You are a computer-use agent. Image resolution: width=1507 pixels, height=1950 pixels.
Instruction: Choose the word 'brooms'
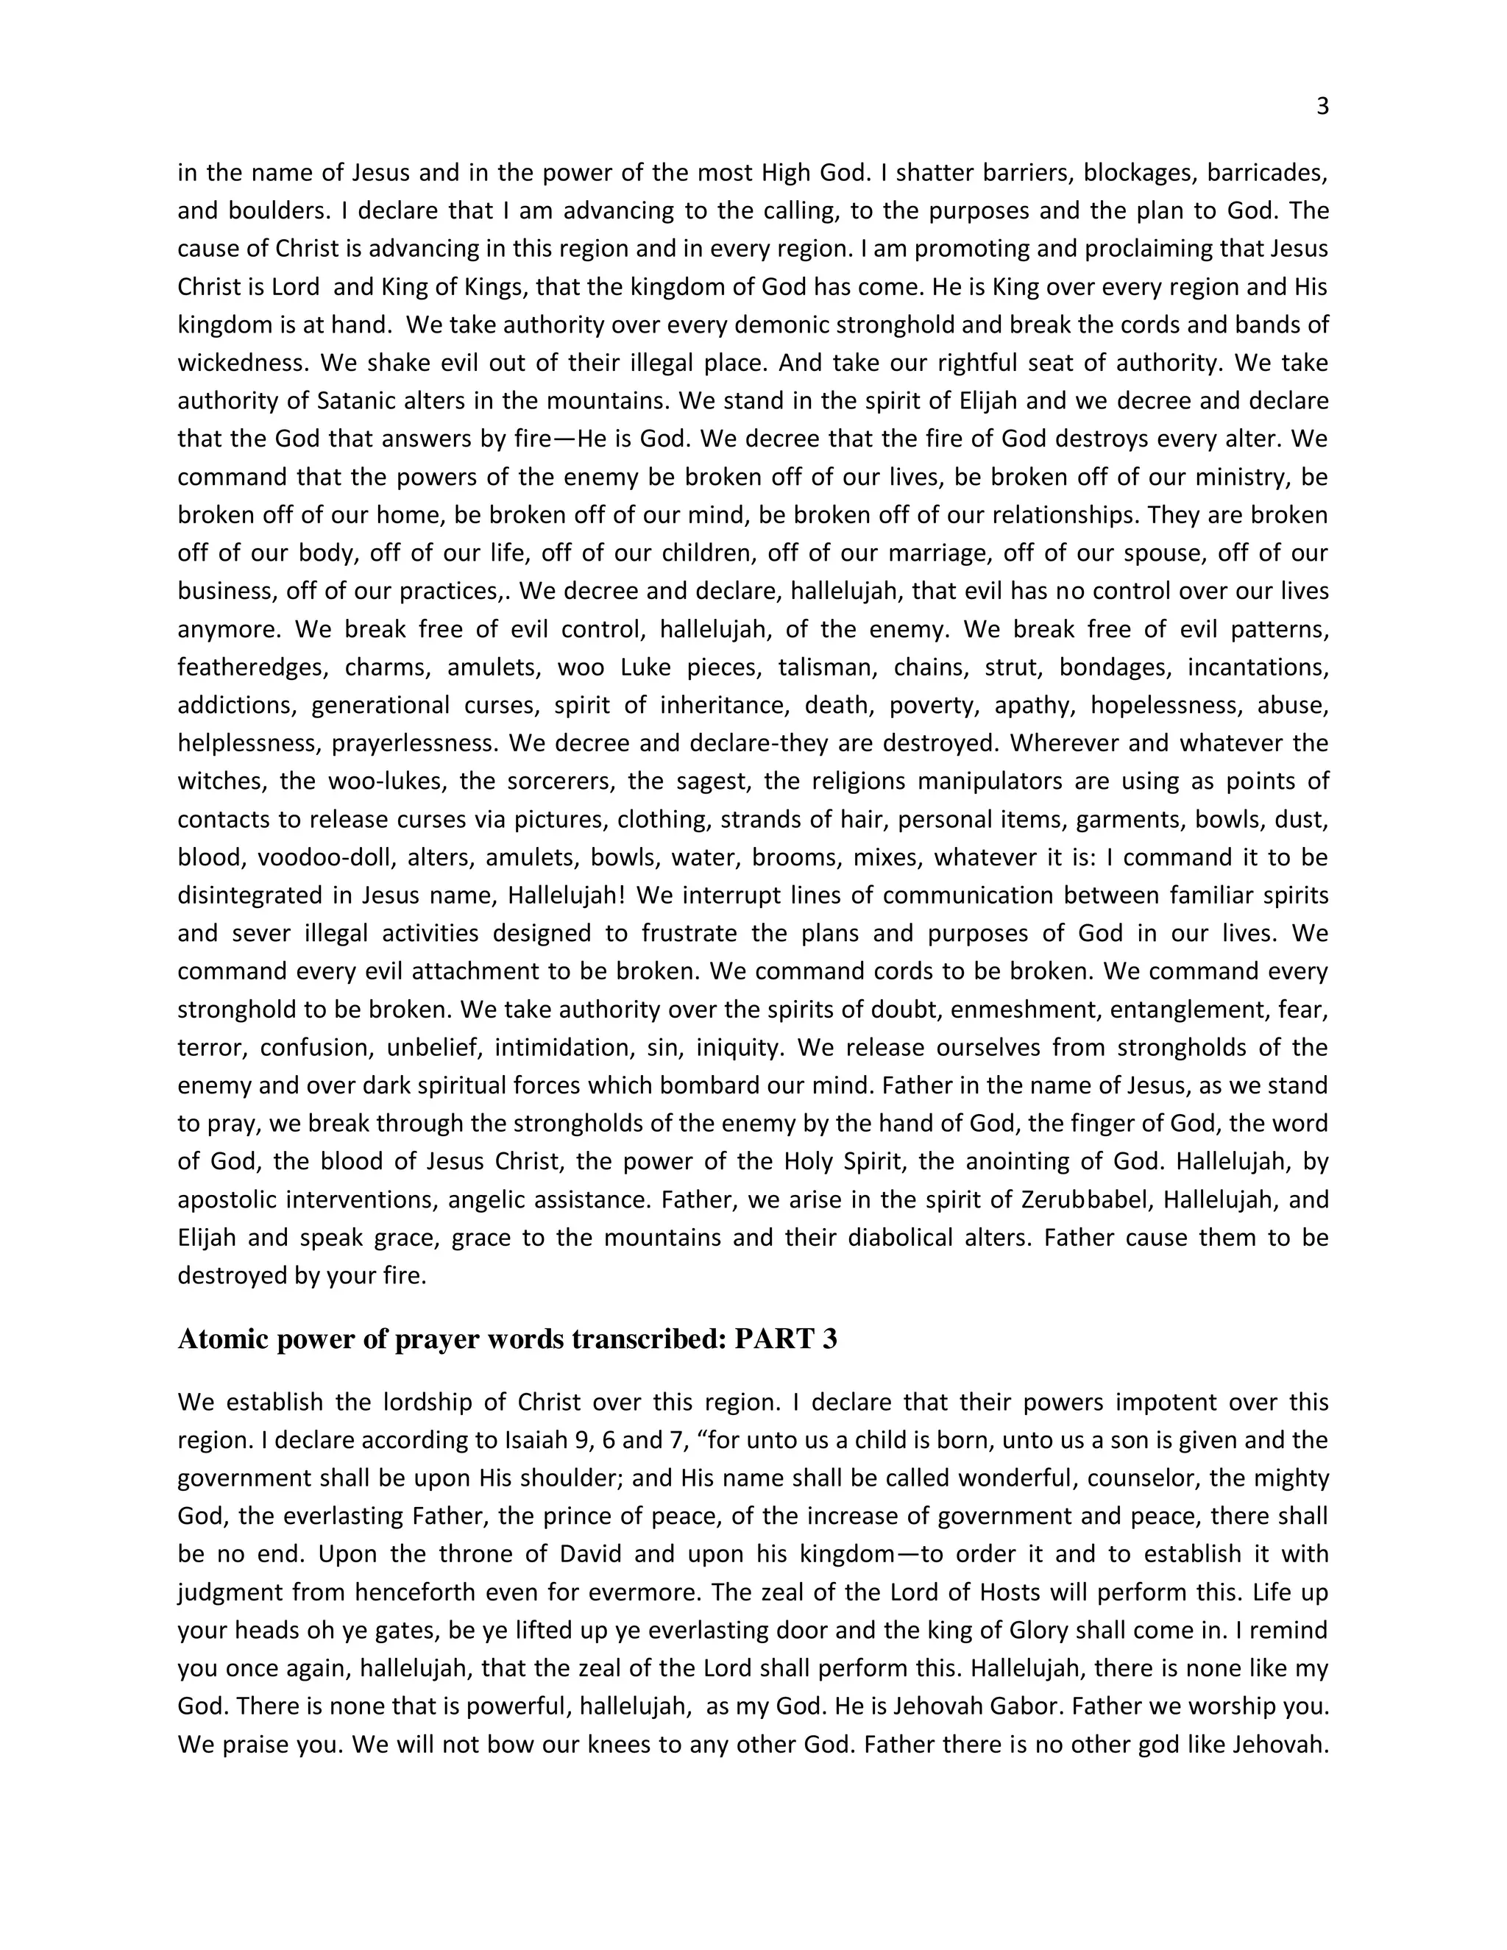coord(790,857)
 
